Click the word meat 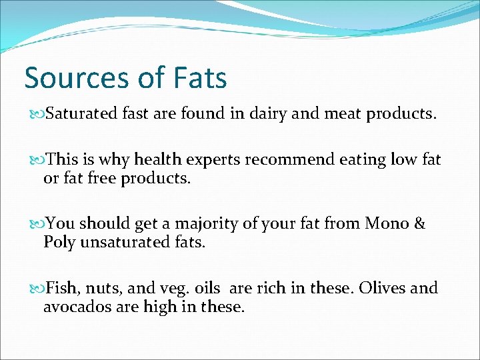pyautogui.click(x=343, y=114)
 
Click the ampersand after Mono pyautogui.click(x=419, y=224)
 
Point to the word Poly pyautogui.click(x=59, y=243)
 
